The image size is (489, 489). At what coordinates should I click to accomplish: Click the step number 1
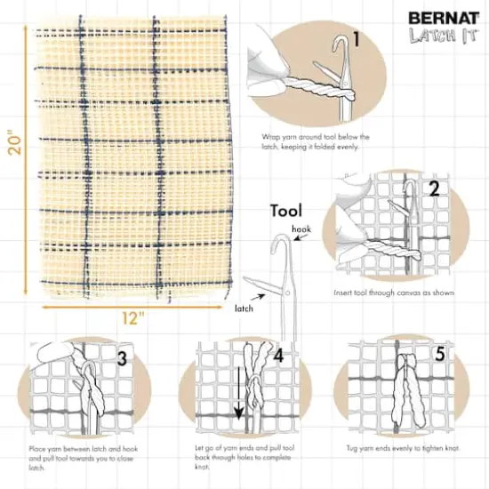click(x=356, y=39)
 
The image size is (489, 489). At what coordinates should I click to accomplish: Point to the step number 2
click(x=433, y=188)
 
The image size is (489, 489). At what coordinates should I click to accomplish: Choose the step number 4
click(x=277, y=356)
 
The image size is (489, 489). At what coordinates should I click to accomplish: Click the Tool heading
click(x=286, y=212)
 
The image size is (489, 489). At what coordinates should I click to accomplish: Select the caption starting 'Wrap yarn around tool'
click(x=316, y=141)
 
